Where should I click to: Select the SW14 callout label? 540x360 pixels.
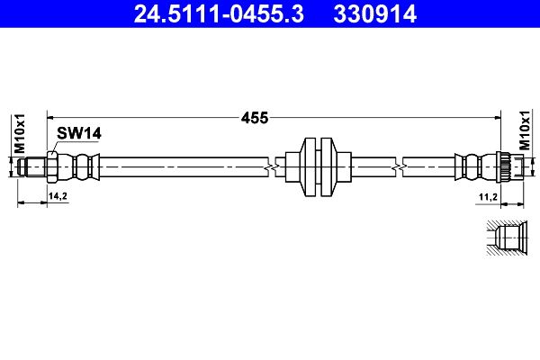(x=78, y=133)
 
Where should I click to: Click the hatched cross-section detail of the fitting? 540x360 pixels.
(x=506, y=238)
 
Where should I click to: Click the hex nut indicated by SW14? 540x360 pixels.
(x=52, y=166)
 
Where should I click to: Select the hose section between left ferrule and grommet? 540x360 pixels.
(x=180, y=166)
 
